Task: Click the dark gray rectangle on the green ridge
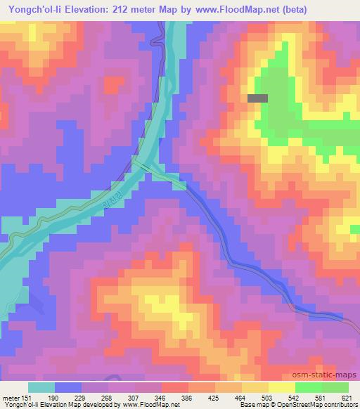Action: point(257,99)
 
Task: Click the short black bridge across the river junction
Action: point(140,166)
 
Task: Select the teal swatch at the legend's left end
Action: point(41,387)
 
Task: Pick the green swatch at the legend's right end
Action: point(335,387)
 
